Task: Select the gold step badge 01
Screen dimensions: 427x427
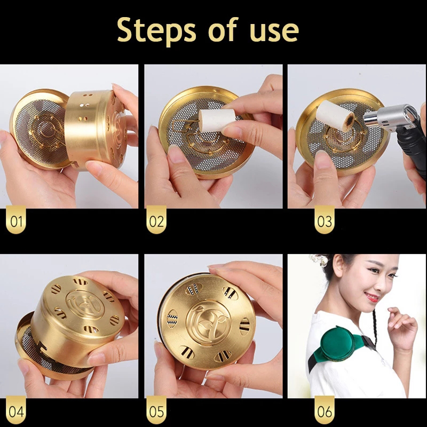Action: [x=16, y=219]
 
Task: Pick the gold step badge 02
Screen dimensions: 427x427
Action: [x=156, y=219]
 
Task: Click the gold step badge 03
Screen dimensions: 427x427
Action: [x=325, y=219]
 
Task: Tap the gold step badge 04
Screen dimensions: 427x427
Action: [x=16, y=410]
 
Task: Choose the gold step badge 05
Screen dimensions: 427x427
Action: [x=156, y=410]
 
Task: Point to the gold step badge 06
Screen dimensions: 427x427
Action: [x=325, y=410]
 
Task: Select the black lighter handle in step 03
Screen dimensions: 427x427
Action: [x=412, y=147]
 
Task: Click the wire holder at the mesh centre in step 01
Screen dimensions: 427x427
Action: [x=46, y=130]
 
